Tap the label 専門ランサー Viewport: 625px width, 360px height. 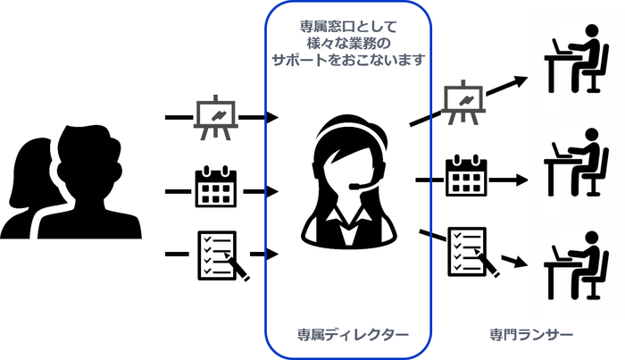[x=530, y=334]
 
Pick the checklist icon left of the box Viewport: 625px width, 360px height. [x=218, y=255]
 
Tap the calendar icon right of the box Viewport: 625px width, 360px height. [x=465, y=180]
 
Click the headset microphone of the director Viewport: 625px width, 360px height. [x=356, y=186]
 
